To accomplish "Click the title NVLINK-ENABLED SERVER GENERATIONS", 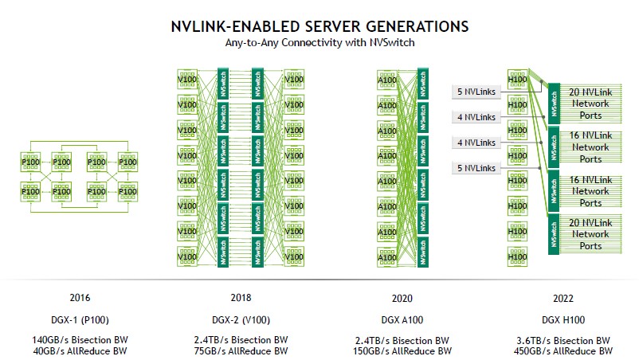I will pos(319,27).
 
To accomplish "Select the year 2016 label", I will pos(80,298).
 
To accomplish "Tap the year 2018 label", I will pos(241,298).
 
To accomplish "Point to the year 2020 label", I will pos(402,298).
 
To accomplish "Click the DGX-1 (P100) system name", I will pos(80,319).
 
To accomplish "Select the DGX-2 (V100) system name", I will pos(241,319).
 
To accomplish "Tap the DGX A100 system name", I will pos(402,319).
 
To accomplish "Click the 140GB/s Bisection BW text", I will pos(80,340).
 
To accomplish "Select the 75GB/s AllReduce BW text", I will pos(241,350).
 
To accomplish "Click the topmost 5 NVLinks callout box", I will pos(475,92).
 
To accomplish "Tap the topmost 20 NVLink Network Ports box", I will pos(590,104).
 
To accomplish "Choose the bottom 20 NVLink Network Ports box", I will pos(590,235).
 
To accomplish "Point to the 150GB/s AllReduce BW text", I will pos(402,350).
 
